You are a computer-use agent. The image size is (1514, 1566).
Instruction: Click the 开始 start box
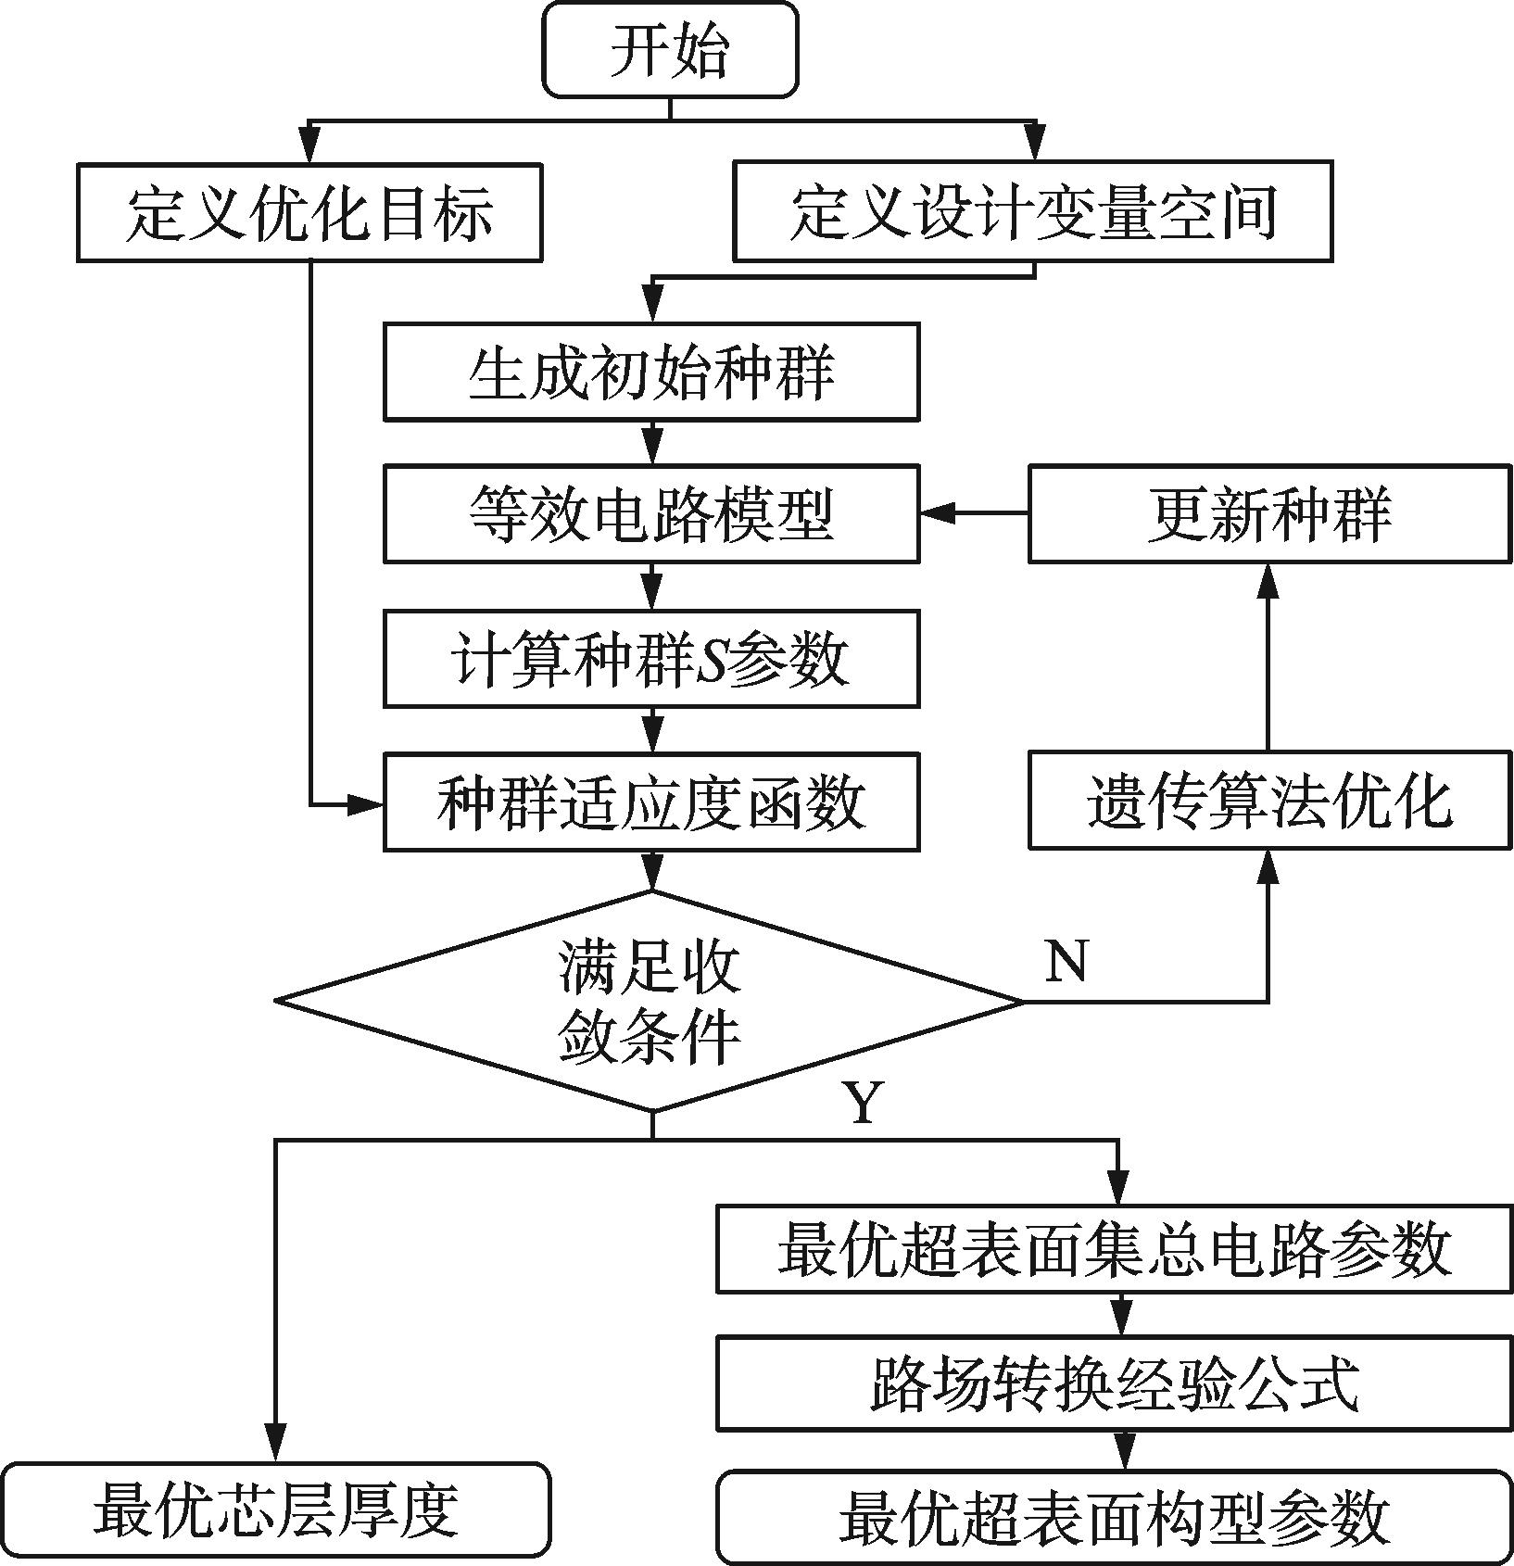point(669,50)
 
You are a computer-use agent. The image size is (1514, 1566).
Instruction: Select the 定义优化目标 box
point(309,213)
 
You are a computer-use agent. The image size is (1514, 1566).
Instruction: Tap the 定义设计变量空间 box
point(1032,211)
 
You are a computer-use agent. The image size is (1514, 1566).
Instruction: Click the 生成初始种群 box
point(651,372)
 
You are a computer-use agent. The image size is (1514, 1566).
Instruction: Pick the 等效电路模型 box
point(651,514)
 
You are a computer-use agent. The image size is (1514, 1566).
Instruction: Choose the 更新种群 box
point(1268,514)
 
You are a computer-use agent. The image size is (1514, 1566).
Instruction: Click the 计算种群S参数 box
point(651,659)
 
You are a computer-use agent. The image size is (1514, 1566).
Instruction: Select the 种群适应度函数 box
point(651,802)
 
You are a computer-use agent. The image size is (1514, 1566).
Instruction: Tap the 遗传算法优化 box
point(1268,802)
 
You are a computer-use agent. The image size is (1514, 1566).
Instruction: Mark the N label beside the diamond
point(1066,961)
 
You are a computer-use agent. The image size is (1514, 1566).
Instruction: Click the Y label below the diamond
point(863,1103)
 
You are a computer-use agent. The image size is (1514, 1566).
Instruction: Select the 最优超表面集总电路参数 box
point(1115,1249)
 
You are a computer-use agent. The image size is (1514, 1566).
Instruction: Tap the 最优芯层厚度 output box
point(275,1510)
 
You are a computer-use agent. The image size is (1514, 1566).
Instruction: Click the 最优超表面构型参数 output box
point(1115,1517)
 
